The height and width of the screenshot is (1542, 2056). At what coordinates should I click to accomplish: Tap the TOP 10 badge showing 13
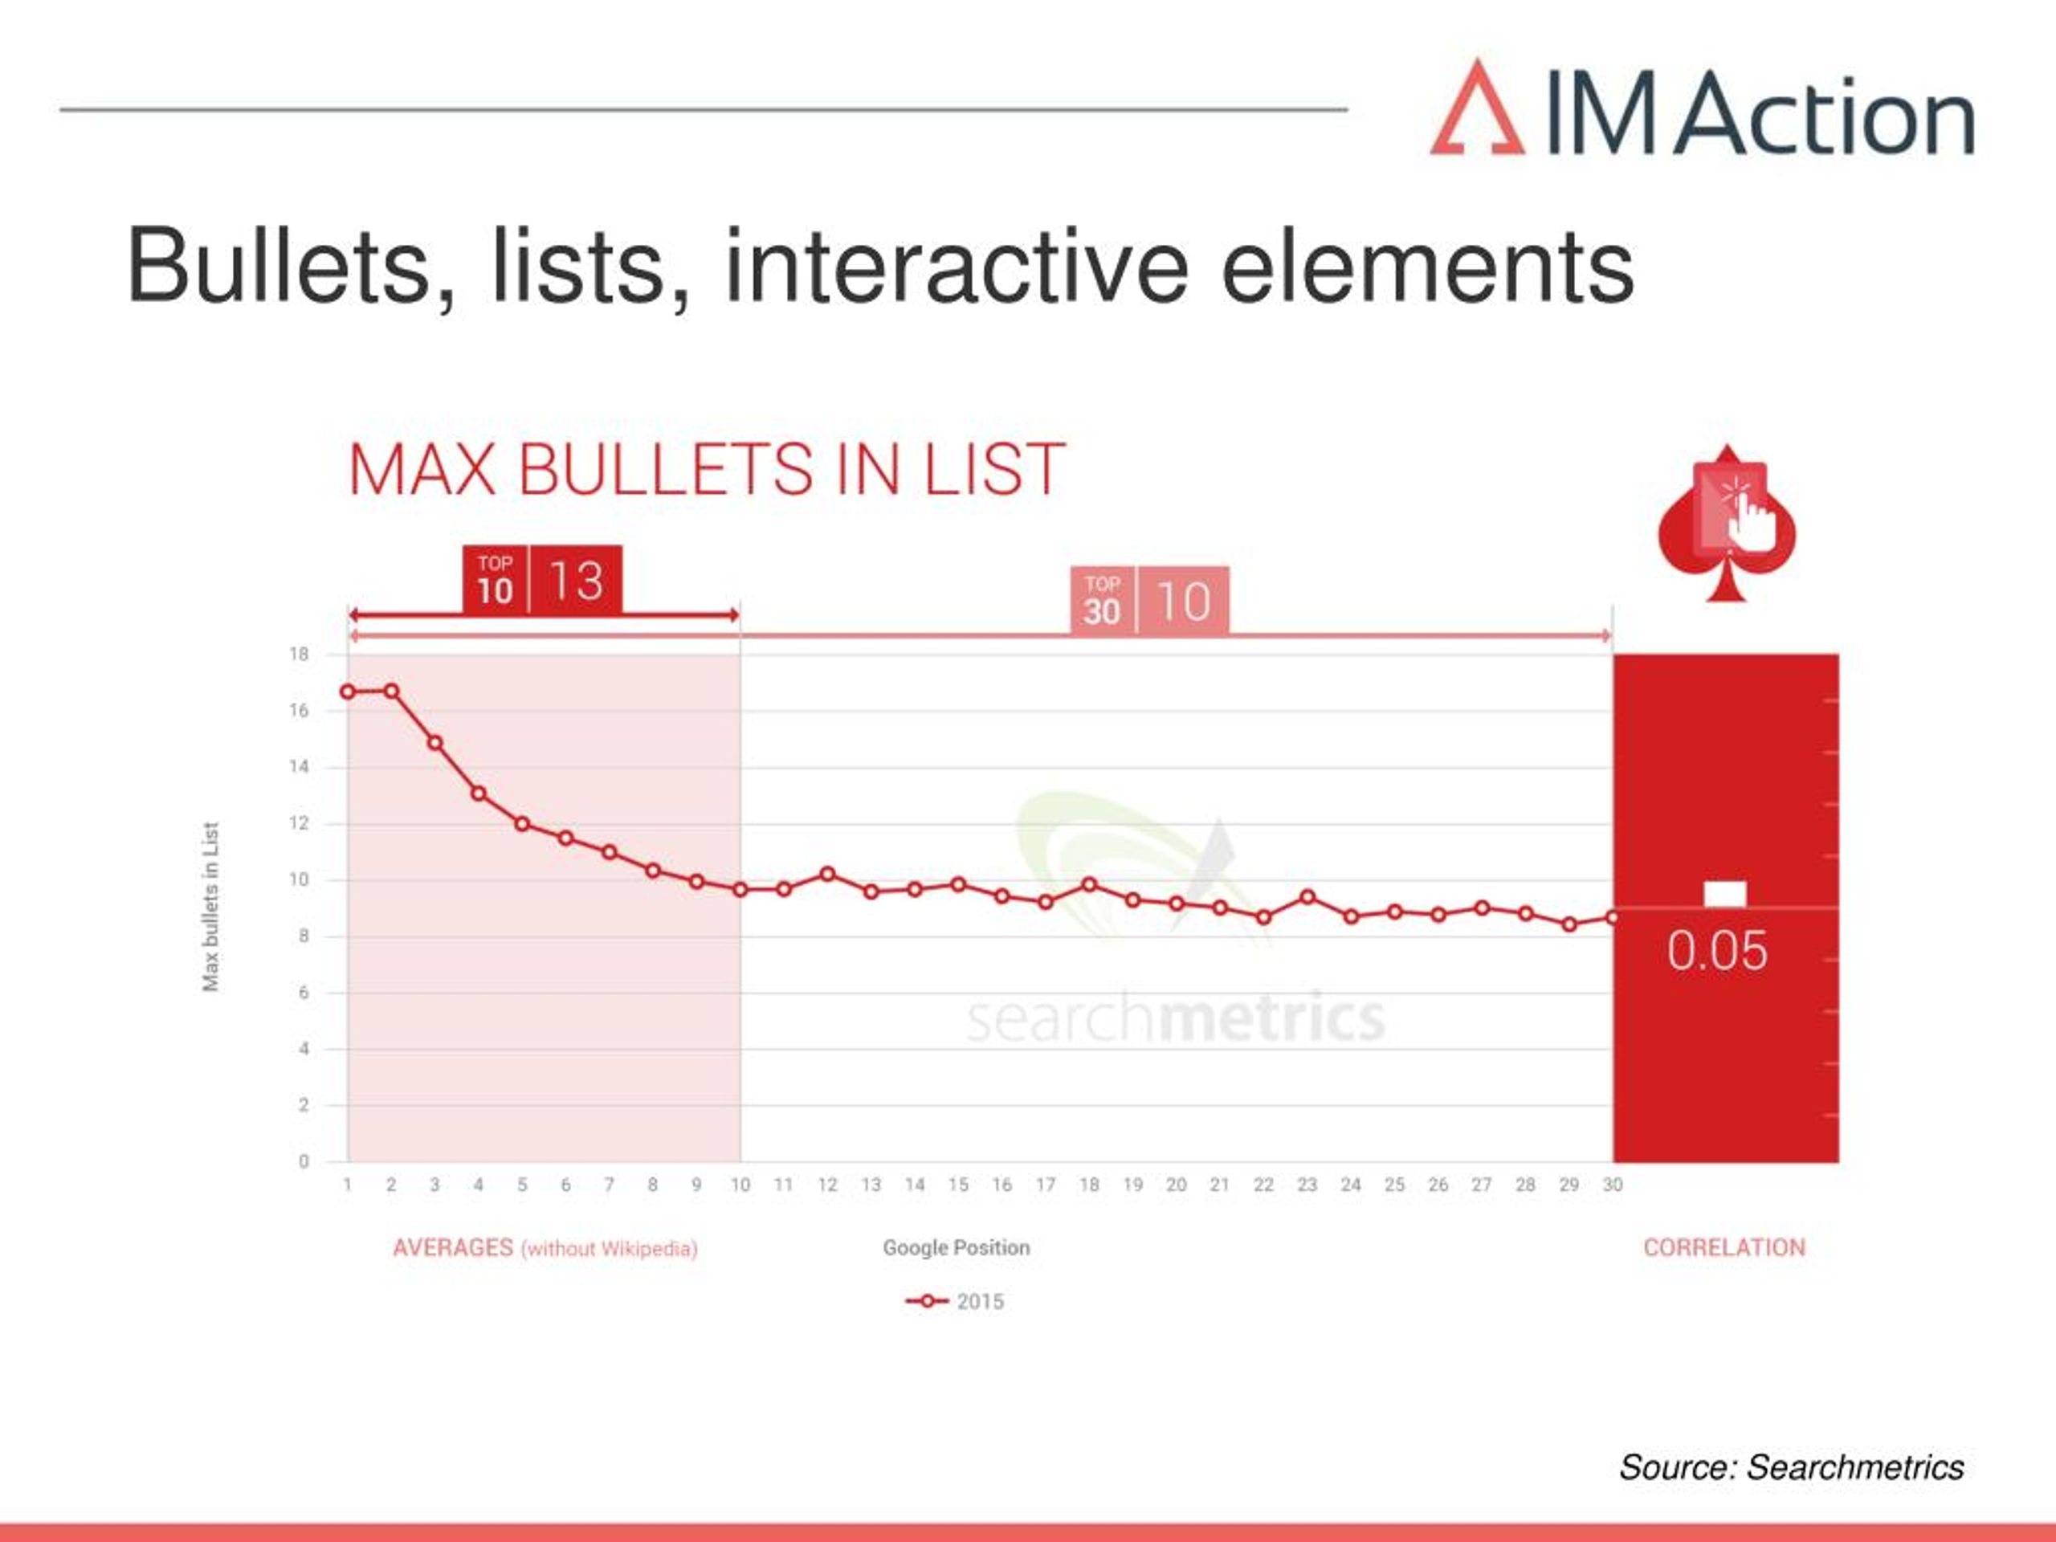[542, 580]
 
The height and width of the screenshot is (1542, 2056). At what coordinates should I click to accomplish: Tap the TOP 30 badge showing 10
[1150, 601]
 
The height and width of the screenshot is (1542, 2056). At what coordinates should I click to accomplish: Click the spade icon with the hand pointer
[1727, 524]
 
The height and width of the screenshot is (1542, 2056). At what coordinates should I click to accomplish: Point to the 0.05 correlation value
[1717, 951]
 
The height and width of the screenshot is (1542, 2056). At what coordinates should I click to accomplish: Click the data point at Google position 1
[348, 691]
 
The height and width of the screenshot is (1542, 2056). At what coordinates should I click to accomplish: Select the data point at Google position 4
[479, 793]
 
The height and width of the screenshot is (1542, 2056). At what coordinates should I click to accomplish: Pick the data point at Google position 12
[828, 874]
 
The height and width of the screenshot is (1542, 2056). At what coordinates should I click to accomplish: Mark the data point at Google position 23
[1307, 897]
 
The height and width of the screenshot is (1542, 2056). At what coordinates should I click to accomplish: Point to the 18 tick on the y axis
[299, 655]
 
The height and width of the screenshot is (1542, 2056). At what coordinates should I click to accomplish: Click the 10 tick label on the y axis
[299, 879]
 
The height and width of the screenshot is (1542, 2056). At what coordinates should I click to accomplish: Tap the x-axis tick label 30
[1613, 1185]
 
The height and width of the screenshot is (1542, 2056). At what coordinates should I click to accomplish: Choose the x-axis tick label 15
[958, 1185]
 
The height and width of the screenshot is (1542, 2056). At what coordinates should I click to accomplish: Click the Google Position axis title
[957, 1247]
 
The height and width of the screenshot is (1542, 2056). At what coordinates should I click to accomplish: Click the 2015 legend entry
[955, 1301]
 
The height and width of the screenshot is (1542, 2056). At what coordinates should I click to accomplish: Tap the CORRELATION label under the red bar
[1724, 1247]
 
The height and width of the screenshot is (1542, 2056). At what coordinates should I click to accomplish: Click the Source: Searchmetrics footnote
[1791, 1467]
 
